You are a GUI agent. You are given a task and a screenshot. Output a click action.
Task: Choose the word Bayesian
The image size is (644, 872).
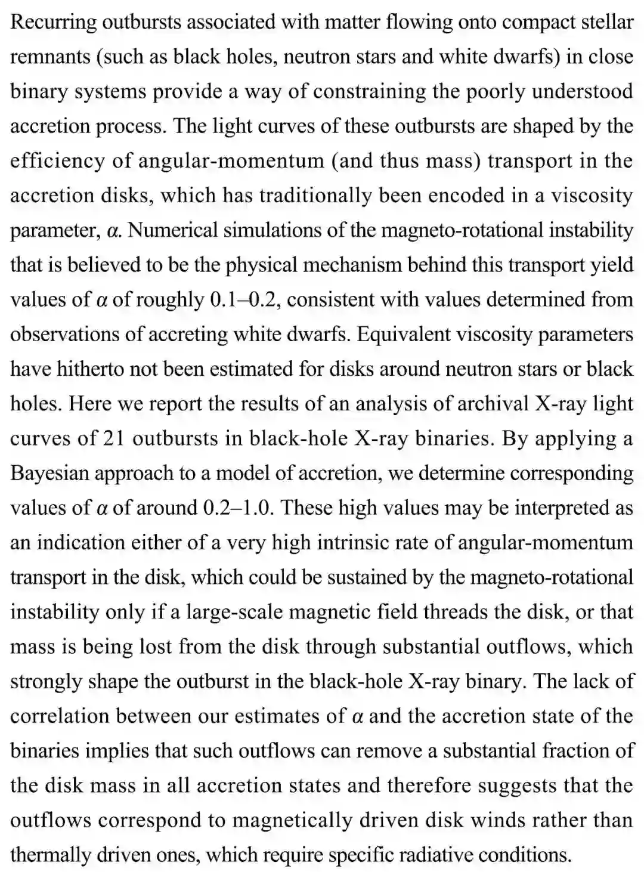tap(49, 473)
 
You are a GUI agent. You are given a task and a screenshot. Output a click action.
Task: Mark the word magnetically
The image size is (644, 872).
tap(287, 820)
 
